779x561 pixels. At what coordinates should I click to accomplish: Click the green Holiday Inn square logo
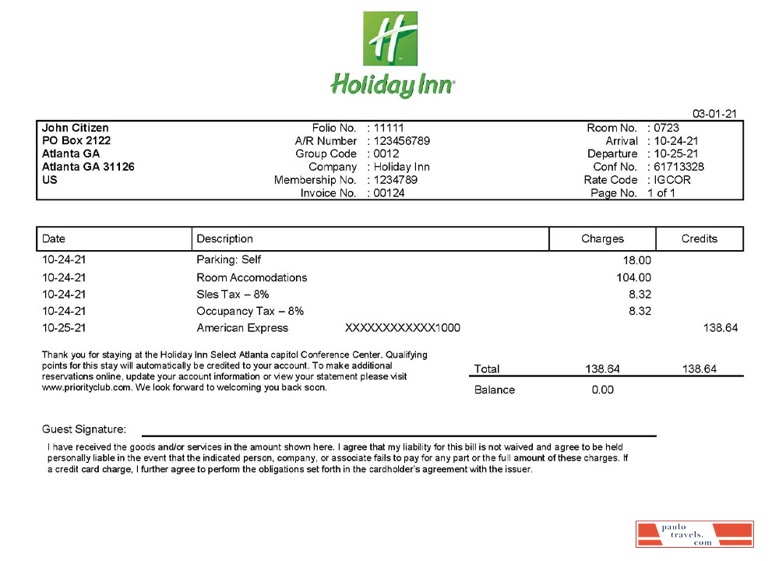pyautogui.click(x=390, y=39)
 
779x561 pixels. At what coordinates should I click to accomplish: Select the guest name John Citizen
pyautogui.click(x=75, y=128)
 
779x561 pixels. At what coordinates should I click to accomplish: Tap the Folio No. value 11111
pyautogui.click(x=389, y=128)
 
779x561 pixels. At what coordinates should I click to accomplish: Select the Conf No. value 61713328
pyautogui.click(x=679, y=167)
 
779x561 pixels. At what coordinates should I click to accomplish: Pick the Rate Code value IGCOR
pyautogui.click(x=672, y=180)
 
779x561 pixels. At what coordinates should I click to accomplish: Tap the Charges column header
pyautogui.click(x=602, y=238)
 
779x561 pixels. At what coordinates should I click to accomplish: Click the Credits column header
pyautogui.click(x=699, y=238)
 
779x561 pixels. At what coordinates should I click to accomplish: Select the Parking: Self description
pyautogui.click(x=228, y=260)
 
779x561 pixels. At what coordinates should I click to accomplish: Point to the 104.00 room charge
pyautogui.click(x=633, y=277)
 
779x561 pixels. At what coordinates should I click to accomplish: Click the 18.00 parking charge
pyautogui.click(x=636, y=260)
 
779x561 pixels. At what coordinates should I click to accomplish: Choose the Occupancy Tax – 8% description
pyautogui.click(x=250, y=311)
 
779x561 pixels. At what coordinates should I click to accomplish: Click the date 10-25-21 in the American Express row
pyautogui.click(x=64, y=328)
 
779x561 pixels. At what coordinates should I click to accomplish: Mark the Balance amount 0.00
pyautogui.click(x=602, y=390)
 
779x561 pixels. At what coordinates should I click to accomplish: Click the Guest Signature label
pyautogui.click(x=83, y=429)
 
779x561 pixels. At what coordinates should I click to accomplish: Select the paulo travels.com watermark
pyautogui.click(x=694, y=534)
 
